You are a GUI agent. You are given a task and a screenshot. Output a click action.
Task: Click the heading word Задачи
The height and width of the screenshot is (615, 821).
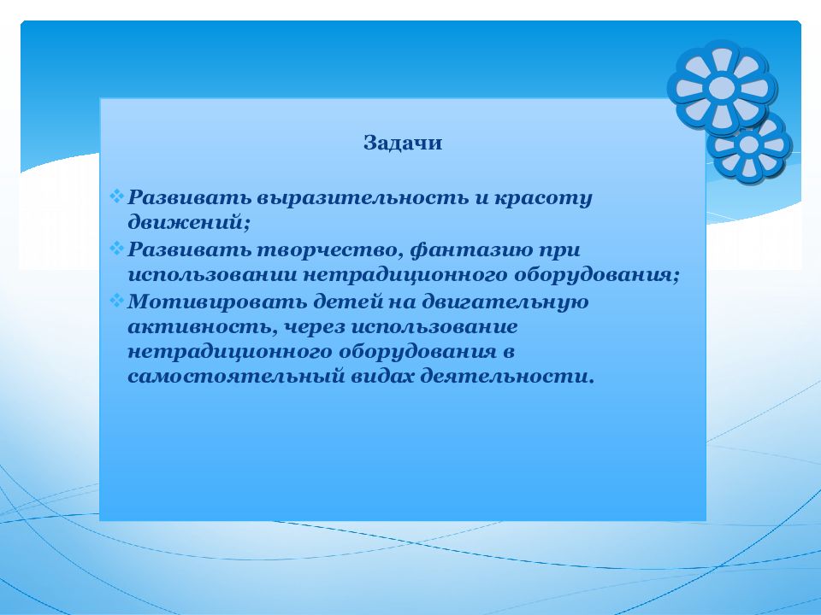point(403,143)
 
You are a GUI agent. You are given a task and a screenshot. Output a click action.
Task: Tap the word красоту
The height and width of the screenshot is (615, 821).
point(542,199)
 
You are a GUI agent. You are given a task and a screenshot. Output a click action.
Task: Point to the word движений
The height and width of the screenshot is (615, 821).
point(189,223)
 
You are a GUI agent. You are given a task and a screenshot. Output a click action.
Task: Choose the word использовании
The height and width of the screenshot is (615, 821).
point(212,275)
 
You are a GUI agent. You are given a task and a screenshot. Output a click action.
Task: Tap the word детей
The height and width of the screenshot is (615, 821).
point(347,302)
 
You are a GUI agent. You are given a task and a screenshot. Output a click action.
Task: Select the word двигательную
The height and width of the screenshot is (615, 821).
point(505,302)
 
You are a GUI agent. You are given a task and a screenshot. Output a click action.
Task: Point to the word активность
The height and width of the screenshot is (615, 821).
point(203,327)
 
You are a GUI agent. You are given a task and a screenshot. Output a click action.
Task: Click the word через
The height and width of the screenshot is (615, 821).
point(314,328)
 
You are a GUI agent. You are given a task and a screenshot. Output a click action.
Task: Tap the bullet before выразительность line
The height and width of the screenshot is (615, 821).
point(116,196)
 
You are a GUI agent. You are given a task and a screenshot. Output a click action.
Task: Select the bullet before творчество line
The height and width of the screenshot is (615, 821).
point(116,248)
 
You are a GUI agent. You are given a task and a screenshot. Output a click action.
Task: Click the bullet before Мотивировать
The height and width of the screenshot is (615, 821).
point(116,300)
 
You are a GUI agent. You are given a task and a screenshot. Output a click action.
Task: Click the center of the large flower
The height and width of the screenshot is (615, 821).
point(722,87)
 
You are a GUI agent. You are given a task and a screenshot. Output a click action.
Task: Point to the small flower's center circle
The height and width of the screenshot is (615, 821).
point(749,146)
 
